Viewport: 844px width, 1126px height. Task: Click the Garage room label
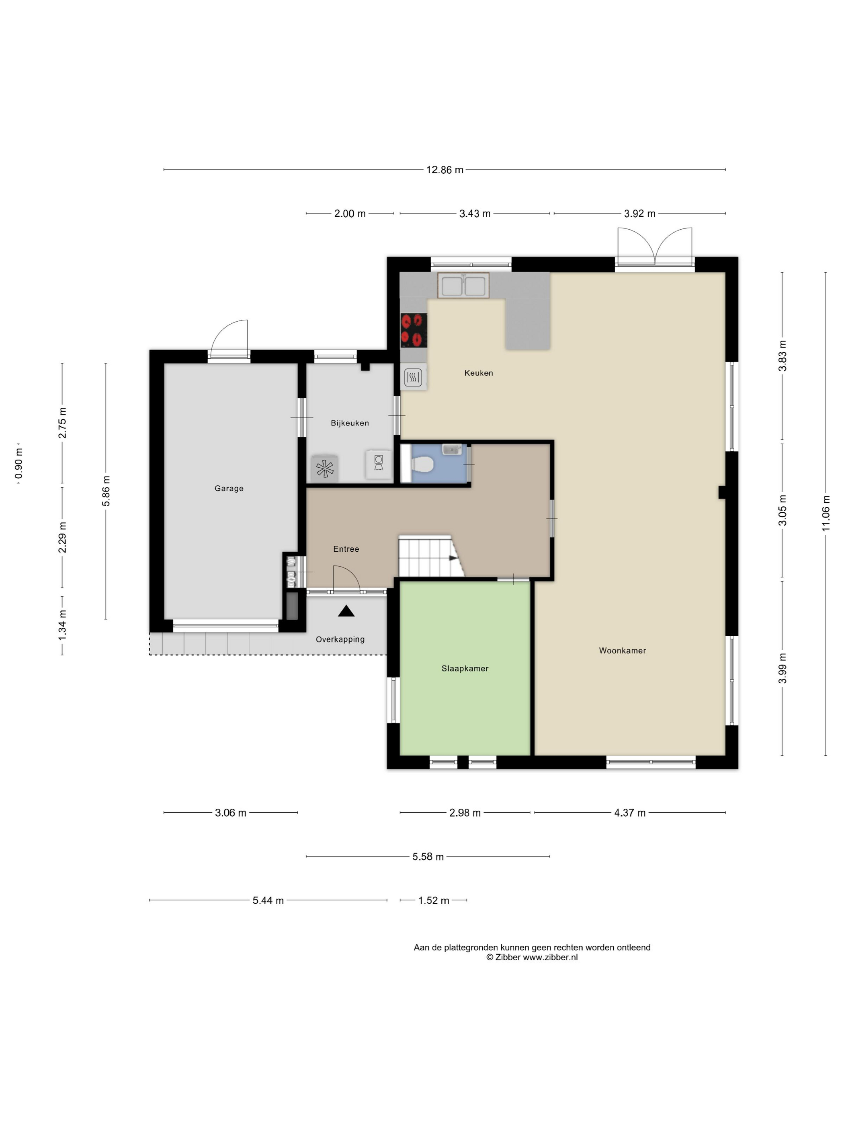pos(229,488)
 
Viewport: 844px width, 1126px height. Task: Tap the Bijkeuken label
pos(350,423)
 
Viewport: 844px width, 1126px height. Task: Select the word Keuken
pos(478,373)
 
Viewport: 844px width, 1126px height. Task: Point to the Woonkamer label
pos(622,651)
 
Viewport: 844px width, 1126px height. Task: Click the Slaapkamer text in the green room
pos(465,669)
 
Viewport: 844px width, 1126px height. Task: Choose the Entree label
pos(346,549)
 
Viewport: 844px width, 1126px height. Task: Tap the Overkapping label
pos(340,640)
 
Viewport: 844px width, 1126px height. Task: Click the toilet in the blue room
pos(421,464)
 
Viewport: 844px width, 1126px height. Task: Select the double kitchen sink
pos(463,285)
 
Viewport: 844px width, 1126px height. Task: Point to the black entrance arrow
pos(346,611)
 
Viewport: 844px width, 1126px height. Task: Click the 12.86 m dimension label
pos(445,170)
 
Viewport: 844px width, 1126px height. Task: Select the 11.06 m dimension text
pos(826,514)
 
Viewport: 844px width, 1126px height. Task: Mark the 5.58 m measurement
pos(428,857)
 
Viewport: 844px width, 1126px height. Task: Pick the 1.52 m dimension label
pos(433,900)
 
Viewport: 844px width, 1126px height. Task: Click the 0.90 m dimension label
pos(19,463)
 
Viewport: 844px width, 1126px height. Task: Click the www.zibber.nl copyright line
pos(532,957)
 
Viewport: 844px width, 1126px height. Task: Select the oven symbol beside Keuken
pos(413,377)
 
